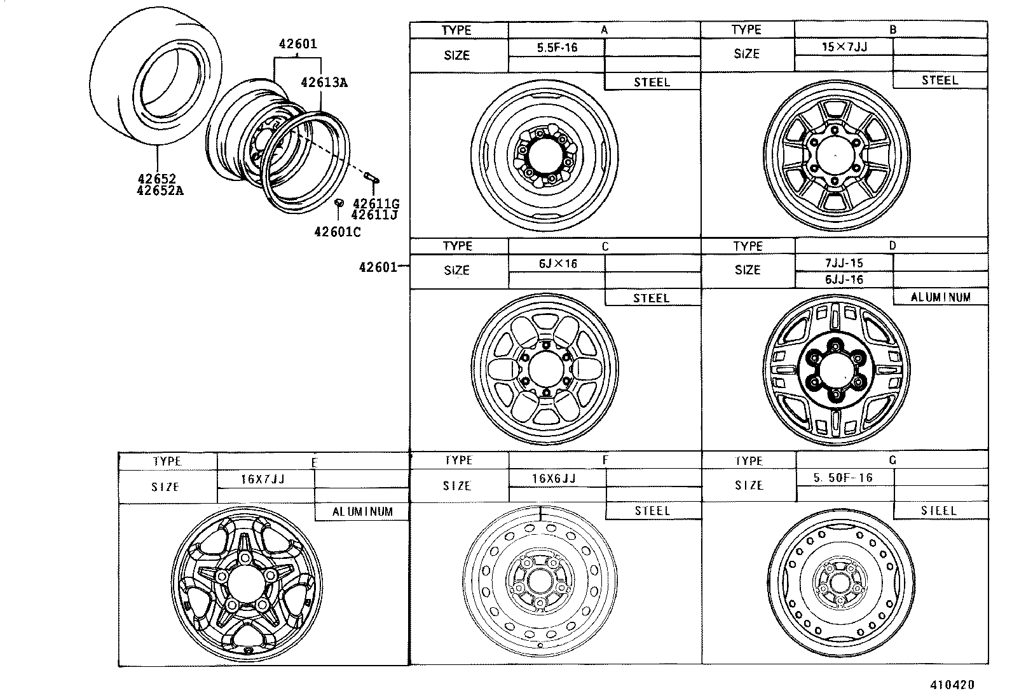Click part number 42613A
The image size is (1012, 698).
[324, 83]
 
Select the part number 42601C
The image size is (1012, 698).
[337, 232]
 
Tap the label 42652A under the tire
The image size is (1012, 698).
[160, 190]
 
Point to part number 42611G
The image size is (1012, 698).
[376, 203]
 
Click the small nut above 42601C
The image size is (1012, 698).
[339, 203]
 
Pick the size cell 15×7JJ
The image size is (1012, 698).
[844, 46]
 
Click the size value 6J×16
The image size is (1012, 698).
[557, 264]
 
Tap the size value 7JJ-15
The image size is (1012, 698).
[844, 263]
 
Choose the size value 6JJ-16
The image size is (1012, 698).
[844, 279]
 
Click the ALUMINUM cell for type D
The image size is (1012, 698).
[940, 297]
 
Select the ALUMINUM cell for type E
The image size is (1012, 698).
[362, 511]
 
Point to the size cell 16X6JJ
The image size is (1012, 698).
[554, 478]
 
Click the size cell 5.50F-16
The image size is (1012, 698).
[843, 478]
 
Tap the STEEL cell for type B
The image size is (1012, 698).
[940, 80]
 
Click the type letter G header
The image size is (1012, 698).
[892, 460]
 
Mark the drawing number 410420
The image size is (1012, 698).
[952, 685]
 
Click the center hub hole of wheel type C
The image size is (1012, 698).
[544, 368]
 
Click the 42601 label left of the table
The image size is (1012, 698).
[378, 267]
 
